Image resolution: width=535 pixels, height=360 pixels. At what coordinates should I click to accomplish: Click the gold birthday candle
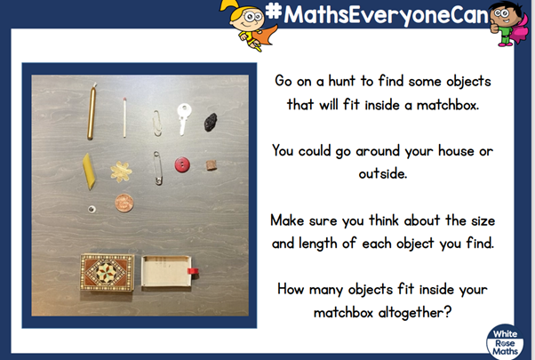[92, 112]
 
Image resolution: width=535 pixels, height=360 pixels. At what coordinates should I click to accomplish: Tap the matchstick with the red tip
[124, 117]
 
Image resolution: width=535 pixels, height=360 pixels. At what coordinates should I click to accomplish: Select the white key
[184, 118]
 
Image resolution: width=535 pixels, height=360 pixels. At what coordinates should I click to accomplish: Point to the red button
[182, 164]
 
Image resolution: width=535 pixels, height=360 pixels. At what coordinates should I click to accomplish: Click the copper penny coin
[124, 203]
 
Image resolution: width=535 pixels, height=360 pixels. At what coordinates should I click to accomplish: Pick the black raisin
[211, 122]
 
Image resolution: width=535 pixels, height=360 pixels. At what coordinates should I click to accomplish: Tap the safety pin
[157, 168]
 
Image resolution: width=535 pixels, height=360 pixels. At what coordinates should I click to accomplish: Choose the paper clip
[157, 124]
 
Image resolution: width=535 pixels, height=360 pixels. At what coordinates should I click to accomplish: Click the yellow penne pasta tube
[89, 171]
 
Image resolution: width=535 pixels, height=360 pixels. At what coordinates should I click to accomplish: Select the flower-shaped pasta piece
[121, 172]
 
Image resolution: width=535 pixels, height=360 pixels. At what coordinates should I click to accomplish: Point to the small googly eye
[92, 209]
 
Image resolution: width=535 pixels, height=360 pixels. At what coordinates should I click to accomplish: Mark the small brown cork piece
[212, 165]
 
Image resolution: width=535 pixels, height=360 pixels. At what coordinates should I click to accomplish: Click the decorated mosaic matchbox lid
[108, 272]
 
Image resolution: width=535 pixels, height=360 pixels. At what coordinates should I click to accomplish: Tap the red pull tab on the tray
[193, 271]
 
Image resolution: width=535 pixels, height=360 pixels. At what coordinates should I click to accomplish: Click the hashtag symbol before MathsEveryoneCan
[274, 11]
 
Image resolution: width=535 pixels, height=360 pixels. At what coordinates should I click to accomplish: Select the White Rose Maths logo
[505, 341]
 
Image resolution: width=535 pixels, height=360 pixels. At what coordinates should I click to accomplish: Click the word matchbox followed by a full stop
[448, 105]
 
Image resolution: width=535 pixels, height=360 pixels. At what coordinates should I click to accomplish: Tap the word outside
[383, 173]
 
